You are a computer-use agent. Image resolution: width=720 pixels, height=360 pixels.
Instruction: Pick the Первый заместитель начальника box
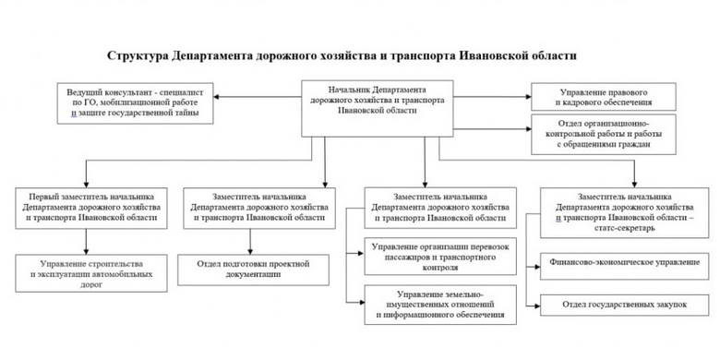coord(86,207)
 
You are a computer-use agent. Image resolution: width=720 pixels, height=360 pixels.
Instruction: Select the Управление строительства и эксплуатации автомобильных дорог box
coord(86,274)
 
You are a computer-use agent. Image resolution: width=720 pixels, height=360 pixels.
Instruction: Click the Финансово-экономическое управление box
coord(622,264)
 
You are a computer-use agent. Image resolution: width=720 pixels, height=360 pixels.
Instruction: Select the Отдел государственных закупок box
coord(622,303)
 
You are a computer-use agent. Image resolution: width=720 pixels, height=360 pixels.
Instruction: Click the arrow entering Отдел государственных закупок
coord(534,303)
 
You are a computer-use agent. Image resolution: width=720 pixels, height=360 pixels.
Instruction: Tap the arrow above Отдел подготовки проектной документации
coord(258,243)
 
